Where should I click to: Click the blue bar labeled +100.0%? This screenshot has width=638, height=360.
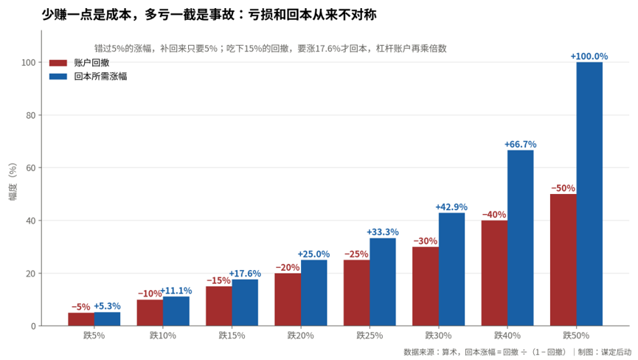point(589,194)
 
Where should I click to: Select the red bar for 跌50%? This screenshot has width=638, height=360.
point(563,260)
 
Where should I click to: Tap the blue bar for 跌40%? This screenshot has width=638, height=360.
point(521,238)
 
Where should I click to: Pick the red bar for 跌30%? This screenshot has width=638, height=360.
point(425,286)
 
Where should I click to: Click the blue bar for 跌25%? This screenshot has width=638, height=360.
point(383,282)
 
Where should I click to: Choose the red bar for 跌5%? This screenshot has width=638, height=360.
point(81,319)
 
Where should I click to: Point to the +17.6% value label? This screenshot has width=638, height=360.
point(245,274)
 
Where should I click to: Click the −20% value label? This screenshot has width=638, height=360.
point(288,267)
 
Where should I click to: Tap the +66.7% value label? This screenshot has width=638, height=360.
point(521,144)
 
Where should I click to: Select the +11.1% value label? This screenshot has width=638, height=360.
point(176,291)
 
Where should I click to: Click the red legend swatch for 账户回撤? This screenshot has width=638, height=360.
point(58,63)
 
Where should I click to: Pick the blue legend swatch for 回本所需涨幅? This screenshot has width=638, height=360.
point(58,77)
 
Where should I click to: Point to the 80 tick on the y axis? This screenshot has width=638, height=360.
point(31,115)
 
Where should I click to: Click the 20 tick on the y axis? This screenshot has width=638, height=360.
point(31,274)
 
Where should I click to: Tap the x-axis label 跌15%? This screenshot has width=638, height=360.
point(232,336)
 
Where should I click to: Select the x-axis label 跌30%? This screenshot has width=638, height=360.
point(438,336)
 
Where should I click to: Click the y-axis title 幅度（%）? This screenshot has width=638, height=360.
point(13,181)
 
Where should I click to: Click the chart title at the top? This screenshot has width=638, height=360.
point(209,15)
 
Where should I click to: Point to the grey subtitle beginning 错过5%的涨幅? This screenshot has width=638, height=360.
point(271,49)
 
